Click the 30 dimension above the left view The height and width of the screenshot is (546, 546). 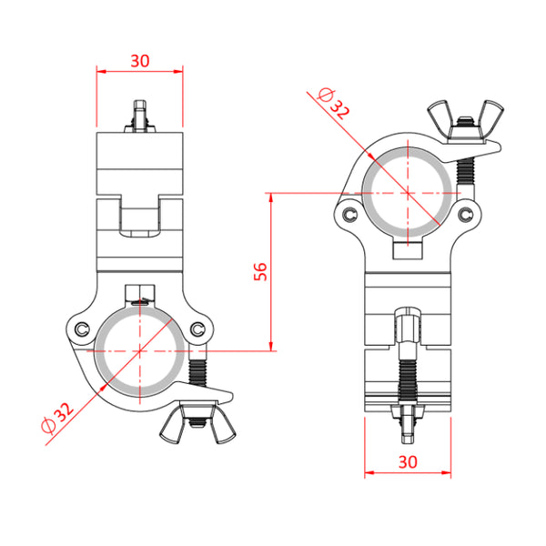click(140, 61)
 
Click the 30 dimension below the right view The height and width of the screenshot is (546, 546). click(408, 462)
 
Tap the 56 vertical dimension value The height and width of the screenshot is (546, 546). click(260, 271)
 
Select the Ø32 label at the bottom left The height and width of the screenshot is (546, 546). click(57, 419)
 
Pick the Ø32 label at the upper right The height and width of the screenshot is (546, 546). click(333, 104)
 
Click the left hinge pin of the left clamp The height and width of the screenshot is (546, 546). click(82, 329)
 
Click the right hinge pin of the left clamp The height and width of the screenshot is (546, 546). click(197, 329)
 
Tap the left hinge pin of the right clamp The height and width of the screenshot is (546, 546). click(349, 215)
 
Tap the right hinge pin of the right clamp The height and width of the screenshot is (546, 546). click(465, 215)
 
